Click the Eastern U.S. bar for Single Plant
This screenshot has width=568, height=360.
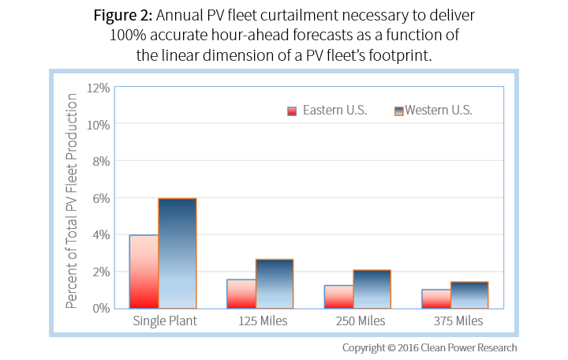pyautogui.click(x=144, y=272)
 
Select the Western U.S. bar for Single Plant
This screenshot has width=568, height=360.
pyautogui.click(x=177, y=253)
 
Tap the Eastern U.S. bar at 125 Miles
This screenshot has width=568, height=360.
pyautogui.click(x=241, y=294)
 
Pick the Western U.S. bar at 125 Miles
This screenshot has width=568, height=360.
pyautogui.click(x=275, y=283)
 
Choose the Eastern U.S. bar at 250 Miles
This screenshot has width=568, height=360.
pyautogui.click(x=338, y=297)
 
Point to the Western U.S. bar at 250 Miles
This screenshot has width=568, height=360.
pyautogui.click(x=372, y=289)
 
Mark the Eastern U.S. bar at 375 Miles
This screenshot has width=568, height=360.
pyautogui.click(x=436, y=298)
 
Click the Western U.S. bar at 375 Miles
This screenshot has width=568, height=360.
pyautogui.click(x=469, y=294)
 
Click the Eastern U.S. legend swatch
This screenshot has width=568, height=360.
pyautogui.click(x=292, y=111)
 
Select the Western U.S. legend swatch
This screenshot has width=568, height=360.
pyautogui.click(x=399, y=111)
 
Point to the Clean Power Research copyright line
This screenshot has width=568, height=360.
pyautogui.click(x=429, y=347)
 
